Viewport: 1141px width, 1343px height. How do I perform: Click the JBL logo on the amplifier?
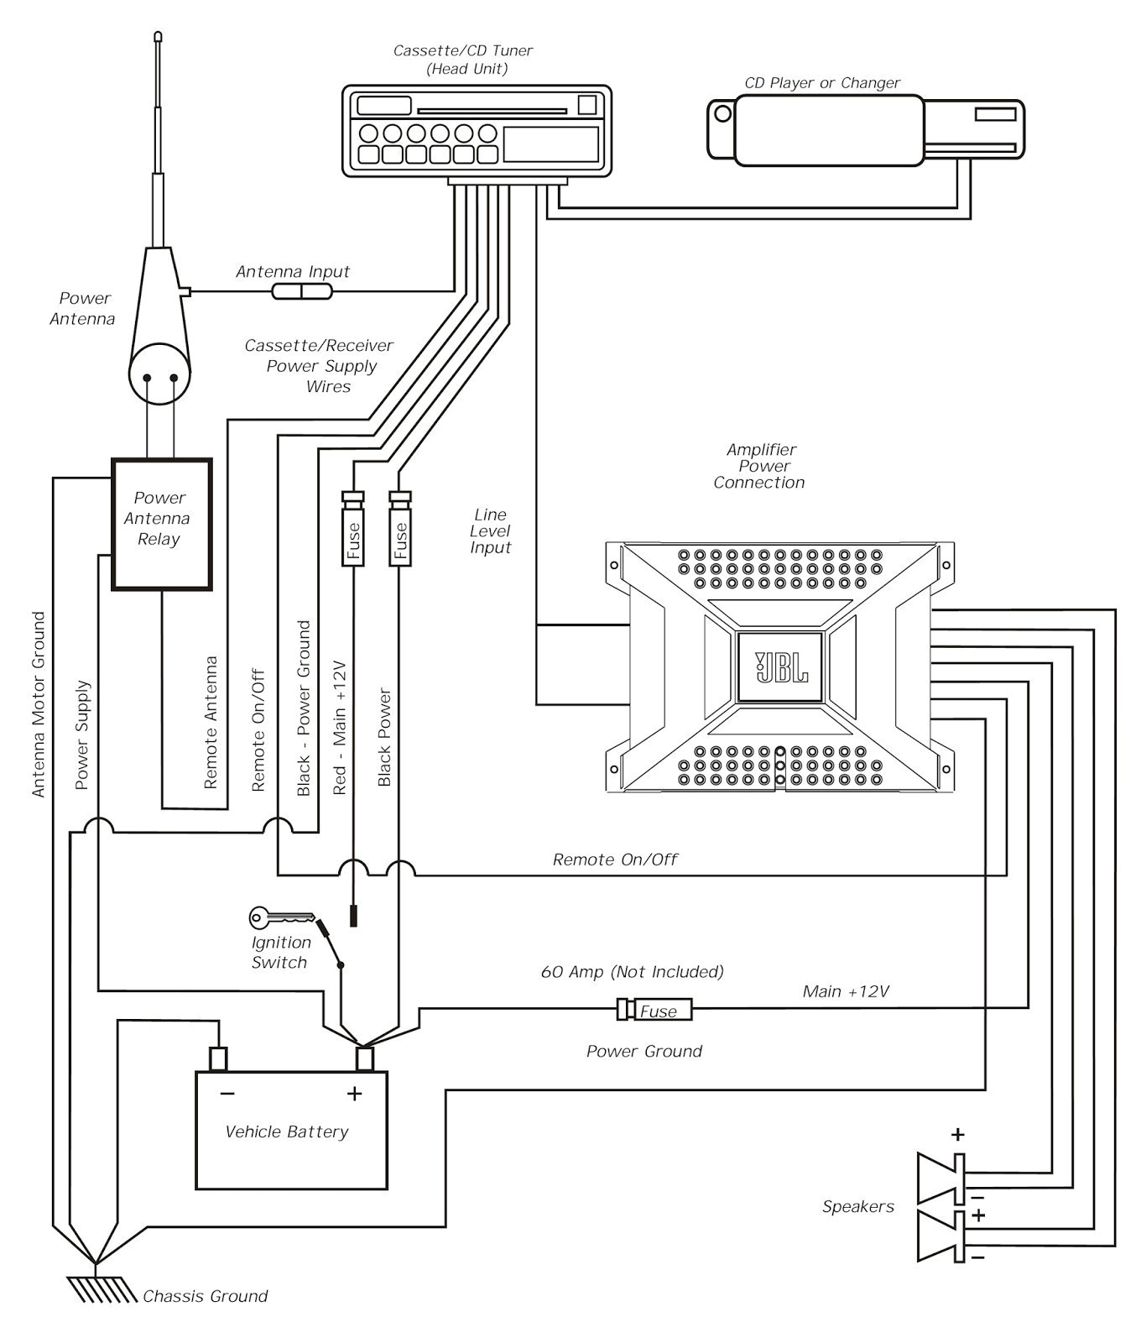click(x=780, y=666)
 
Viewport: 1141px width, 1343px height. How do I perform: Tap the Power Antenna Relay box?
click(x=161, y=523)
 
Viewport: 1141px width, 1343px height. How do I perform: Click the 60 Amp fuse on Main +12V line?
click(x=655, y=1010)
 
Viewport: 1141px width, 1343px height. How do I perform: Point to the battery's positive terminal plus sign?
click(x=354, y=1094)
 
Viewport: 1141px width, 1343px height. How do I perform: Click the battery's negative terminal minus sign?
click(x=227, y=1094)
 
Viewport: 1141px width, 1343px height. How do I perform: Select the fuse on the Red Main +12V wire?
click(x=352, y=530)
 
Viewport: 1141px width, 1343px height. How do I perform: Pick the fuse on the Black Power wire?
click(x=400, y=530)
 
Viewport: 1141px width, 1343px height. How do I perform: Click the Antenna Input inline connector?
click(x=302, y=291)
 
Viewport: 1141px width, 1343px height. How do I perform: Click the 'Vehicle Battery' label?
click(x=286, y=1131)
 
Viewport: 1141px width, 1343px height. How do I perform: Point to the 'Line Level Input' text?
click(x=490, y=530)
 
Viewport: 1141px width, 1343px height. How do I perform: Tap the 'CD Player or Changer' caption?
click(x=821, y=82)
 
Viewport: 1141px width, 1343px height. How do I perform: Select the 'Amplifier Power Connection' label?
click(x=759, y=466)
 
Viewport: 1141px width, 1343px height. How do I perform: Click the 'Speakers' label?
click(x=857, y=1206)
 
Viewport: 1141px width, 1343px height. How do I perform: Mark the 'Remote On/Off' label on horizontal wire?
click(x=614, y=859)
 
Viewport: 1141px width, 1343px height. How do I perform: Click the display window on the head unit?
click(x=550, y=144)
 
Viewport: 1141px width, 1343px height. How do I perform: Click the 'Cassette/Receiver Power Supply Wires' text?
click(x=320, y=366)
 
